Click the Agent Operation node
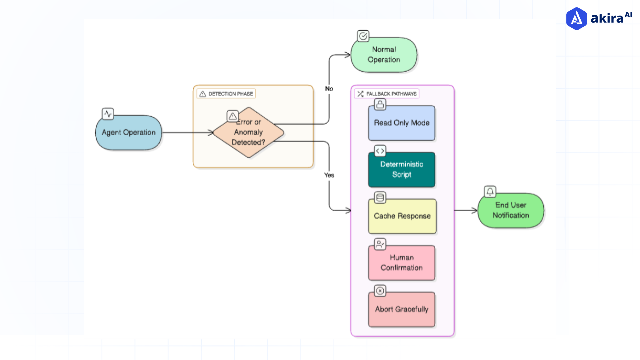tap(128, 133)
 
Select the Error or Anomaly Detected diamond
tap(248, 133)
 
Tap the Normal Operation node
tap(384, 55)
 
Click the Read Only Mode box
tap(401, 123)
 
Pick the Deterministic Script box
tap(401, 169)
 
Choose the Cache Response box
tap(402, 216)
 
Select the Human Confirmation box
tap(401, 263)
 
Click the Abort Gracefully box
tap(401, 309)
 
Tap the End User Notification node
tap(511, 210)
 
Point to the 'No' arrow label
tap(329, 89)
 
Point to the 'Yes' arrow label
tap(329, 175)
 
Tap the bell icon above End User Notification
tap(490, 192)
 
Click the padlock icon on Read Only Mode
tap(380, 105)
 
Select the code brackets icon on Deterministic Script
tap(380, 151)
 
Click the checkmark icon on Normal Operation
tap(363, 36)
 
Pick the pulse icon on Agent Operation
tap(108, 114)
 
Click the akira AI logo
tap(599, 18)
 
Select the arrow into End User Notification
tap(466, 210)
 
